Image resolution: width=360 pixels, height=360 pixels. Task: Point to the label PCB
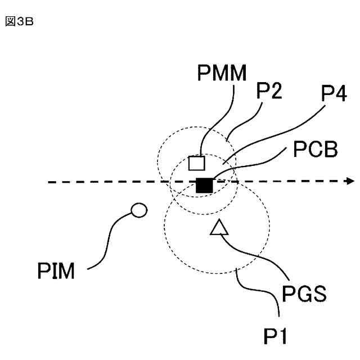[316, 151]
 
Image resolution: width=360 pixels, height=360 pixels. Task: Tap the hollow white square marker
[196, 163]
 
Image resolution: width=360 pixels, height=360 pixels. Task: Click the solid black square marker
[204, 185]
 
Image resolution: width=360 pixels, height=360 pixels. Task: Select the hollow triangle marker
[219, 228]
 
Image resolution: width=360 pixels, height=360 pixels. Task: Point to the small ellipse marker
[138, 211]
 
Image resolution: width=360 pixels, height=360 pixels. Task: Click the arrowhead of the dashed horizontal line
[350, 181]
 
